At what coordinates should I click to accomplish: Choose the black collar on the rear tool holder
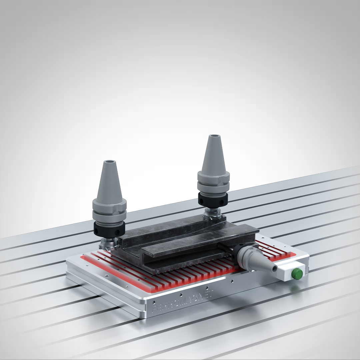213,199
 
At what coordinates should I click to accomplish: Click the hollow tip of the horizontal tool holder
274,268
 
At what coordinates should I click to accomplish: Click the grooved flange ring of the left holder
109,210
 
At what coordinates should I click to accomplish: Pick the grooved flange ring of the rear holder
213,182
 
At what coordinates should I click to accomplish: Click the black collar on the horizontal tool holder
241,253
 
